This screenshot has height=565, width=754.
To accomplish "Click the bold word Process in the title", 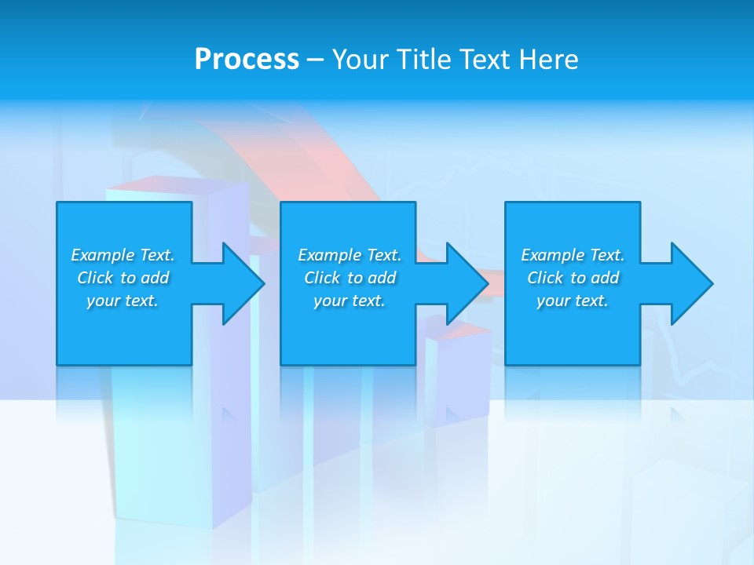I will point(247,60).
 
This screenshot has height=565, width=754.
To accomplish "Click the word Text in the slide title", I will point(485,60).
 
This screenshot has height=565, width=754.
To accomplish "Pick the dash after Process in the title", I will point(315,60).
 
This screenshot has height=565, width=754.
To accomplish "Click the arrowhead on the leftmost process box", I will point(240,283).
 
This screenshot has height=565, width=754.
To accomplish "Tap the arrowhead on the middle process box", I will point(464,283).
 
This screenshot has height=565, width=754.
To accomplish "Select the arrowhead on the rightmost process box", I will point(689,283).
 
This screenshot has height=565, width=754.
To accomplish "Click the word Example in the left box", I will point(102,255).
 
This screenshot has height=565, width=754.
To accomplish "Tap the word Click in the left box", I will point(95,278).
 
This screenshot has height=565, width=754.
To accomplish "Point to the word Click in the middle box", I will point(322,278).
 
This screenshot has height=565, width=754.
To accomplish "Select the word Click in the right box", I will point(545,278).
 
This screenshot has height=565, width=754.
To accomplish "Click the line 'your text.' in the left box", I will point(123,301).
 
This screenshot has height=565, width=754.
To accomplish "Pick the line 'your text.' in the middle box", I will point(350,301).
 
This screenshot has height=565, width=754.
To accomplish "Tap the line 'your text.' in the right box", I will point(573,301).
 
